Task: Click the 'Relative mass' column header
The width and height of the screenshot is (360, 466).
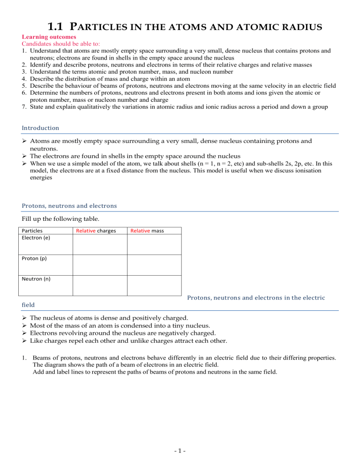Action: click(x=147, y=231)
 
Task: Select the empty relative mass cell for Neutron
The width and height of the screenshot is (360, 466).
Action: click(x=154, y=286)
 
